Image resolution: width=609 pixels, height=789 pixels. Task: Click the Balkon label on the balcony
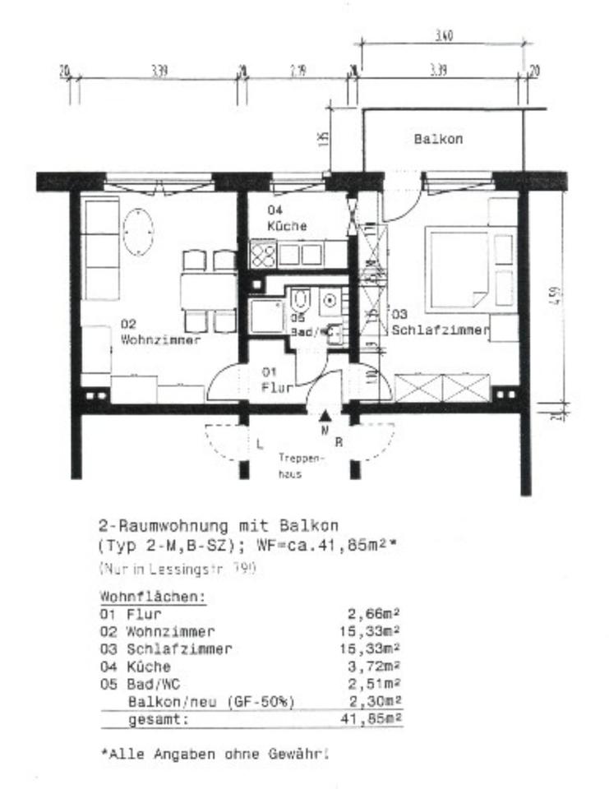click(437, 139)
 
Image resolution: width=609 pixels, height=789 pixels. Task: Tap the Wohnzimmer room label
click(159, 332)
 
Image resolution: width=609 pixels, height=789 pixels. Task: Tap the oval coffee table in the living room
click(138, 232)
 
